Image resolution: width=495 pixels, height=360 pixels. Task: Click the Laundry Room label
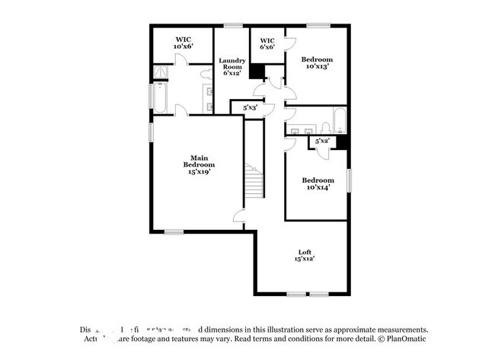pos(232,66)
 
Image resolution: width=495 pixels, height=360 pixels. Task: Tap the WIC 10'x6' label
pos(183,43)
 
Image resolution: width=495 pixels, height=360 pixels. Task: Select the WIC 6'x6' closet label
pos(267,43)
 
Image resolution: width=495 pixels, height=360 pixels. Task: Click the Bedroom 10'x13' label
pos(317,62)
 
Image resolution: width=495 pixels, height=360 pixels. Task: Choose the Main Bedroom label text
pos(198,164)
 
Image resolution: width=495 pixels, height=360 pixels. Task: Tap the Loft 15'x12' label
pos(305,255)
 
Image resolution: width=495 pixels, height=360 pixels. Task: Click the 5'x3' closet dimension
pos(250,107)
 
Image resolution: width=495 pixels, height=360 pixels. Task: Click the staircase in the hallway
pos(253,183)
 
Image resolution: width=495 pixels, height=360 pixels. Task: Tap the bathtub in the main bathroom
pos(162,97)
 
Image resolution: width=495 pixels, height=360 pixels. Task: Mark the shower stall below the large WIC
pos(161,72)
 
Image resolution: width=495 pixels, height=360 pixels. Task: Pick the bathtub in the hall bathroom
pos(340,122)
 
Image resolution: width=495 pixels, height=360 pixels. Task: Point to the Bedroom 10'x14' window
pos(350,181)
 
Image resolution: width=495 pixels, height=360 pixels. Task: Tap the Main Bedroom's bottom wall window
pos(174,232)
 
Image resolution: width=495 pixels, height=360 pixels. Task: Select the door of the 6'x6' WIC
pos(286,44)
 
